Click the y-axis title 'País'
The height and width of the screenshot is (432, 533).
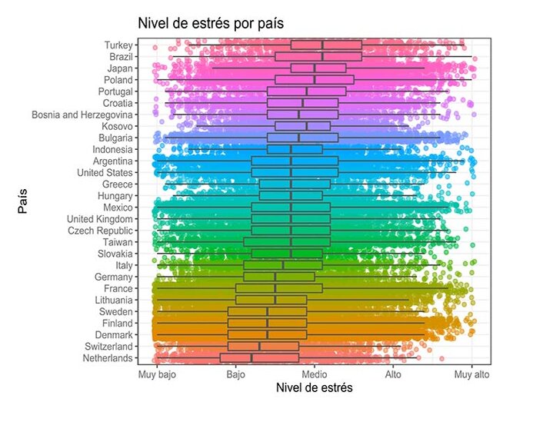[23, 201]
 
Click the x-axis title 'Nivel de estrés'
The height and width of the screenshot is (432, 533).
[314, 388]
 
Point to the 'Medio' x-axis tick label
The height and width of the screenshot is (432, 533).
[315, 374]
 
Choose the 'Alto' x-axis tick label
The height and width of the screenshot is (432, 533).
[393, 374]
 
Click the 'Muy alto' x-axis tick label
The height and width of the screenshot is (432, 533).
[471, 374]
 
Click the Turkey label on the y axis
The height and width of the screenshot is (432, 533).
[118, 45]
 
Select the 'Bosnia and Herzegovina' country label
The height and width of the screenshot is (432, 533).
[83, 115]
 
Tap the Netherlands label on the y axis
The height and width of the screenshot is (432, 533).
[108, 358]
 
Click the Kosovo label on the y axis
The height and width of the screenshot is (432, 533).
[118, 126]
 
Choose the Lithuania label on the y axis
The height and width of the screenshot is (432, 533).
[114, 300]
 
